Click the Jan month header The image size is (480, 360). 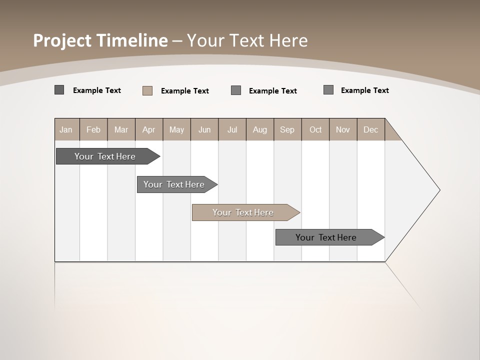pos(66,129)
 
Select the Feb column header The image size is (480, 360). pos(93,129)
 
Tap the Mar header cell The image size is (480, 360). pos(121,129)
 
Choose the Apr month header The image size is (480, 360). pos(149,129)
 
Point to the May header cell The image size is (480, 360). pos(176,129)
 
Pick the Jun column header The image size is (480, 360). pos(204,129)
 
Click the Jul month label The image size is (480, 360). pos(232,129)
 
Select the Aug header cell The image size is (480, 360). pos(260,129)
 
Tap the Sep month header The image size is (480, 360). pos(287,129)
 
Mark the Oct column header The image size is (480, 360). pos(315,129)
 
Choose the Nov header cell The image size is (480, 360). pos(343,129)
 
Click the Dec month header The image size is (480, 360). pos(371,129)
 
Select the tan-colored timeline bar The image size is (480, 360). pos(243,212)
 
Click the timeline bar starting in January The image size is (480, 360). pos(105,156)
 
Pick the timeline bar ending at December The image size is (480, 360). pos(326,237)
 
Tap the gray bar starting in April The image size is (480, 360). pos(174,184)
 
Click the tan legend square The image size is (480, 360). pos(147,90)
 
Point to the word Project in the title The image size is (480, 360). pos(63,40)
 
